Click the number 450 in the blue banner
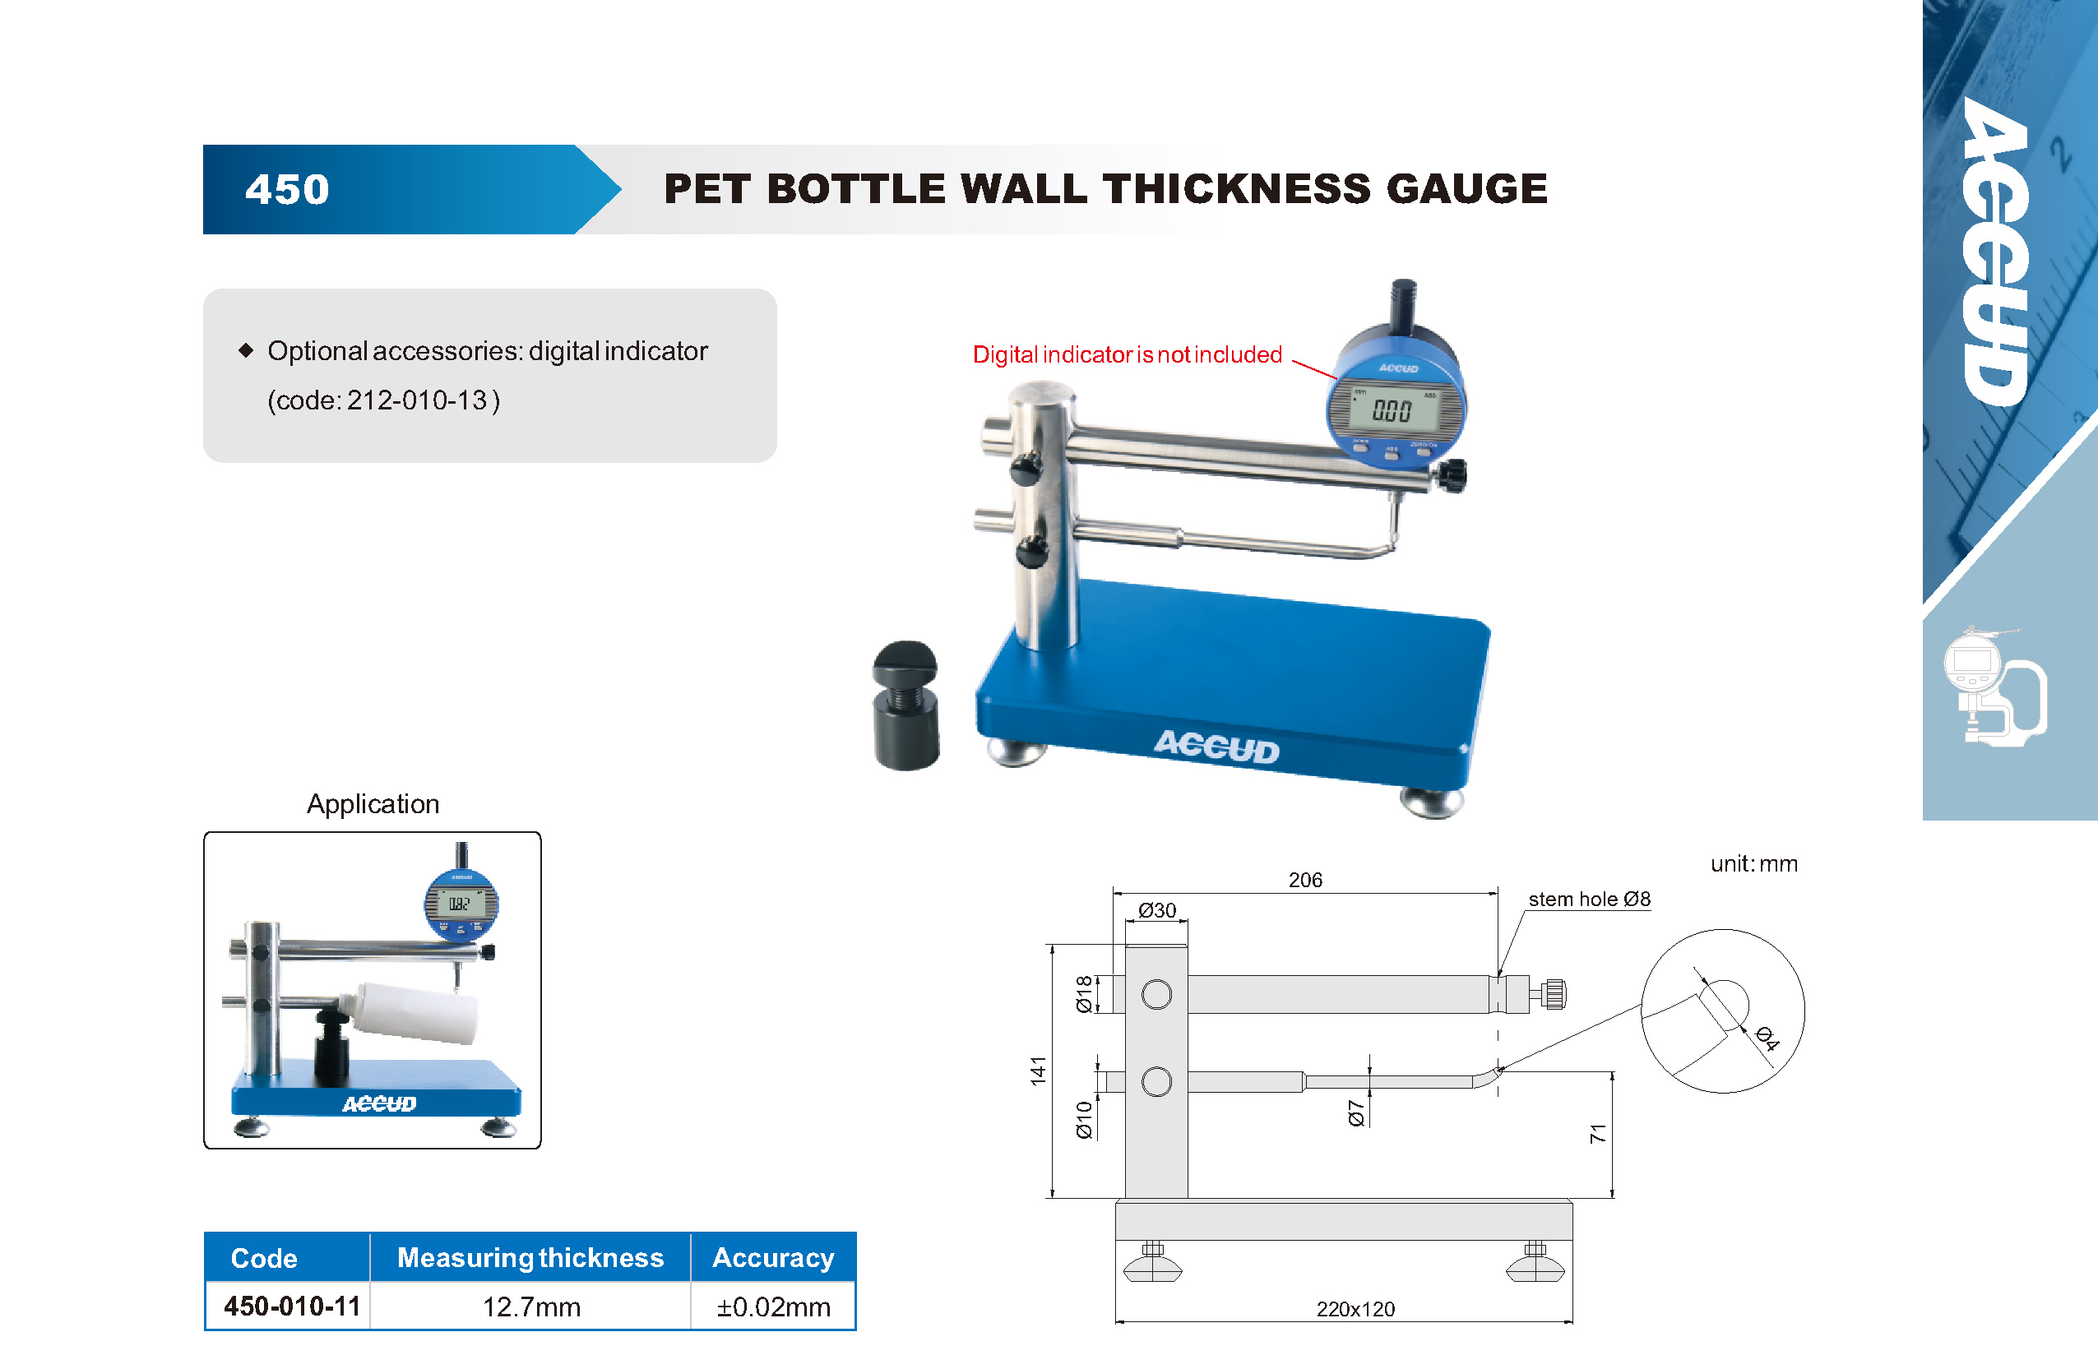point(286,190)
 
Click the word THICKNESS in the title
point(1236,188)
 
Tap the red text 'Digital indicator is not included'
point(1127,354)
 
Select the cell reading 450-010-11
point(292,1306)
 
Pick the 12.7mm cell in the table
point(531,1307)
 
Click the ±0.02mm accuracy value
point(773,1307)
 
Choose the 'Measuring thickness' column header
point(530,1257)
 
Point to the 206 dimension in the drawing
point(1305,880)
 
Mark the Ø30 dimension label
point(1156,910)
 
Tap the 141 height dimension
point(1039,1071)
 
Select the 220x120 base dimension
point(1356,1309)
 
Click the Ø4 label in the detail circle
point(1767,1038)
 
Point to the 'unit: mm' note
point(1754,864)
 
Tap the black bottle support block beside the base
point(906,706)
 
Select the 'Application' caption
point(373,804)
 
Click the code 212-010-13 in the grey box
point(417,400)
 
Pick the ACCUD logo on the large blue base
point(1217,747)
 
